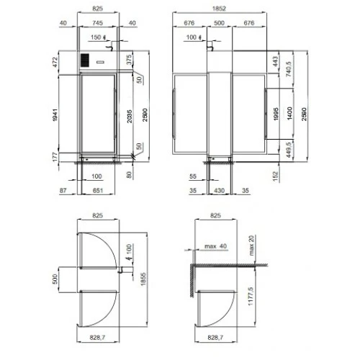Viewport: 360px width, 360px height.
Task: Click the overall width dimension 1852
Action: (x=219, y=9)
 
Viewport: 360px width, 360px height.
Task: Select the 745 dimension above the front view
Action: (x=97, y=23)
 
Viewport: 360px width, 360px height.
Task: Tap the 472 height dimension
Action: (x=55, y=62)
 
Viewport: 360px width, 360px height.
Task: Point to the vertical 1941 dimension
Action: (x=55, y=115)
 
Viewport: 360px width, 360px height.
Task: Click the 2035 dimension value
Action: (x=130, y=117)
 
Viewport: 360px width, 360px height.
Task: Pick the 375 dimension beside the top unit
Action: (x=129, y=60)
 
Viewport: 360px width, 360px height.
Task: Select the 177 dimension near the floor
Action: (x=55, y=157)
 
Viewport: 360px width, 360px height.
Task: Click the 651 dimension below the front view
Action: (x=98, y=191)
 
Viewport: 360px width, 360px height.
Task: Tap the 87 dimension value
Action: (x=63, y=191)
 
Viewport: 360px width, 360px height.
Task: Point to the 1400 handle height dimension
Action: (x=289, y=114)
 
